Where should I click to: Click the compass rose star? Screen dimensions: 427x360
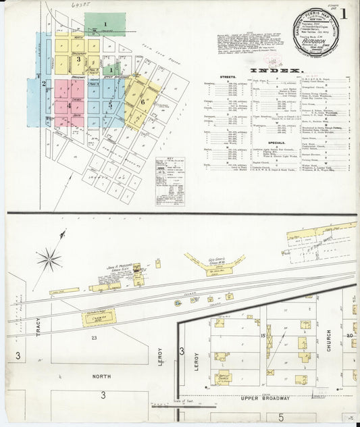pyautogui.click(x=49, y=258)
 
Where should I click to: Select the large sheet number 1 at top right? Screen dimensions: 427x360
pyautogui.click(x=344, y=14)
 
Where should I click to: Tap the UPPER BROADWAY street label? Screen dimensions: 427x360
pyautogui.click(x=265, y=399)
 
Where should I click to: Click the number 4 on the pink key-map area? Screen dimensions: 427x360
pyautogui.click(x=69, y=105)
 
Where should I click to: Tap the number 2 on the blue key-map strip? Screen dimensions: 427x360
pyautogui.click(x=44, y=84)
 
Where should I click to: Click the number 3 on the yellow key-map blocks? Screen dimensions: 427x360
pyautogui.click(x=79, y=59)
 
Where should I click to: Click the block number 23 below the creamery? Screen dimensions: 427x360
pyautogui.click(x=95, y=338)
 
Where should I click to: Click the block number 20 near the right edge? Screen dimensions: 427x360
pyautogui.click(x=349, y=334)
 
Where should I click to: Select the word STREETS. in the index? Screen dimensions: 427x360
pyautogui.click(x=228, y=78)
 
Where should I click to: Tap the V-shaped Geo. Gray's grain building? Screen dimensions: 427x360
pyautogui.click(x=215, y=263)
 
